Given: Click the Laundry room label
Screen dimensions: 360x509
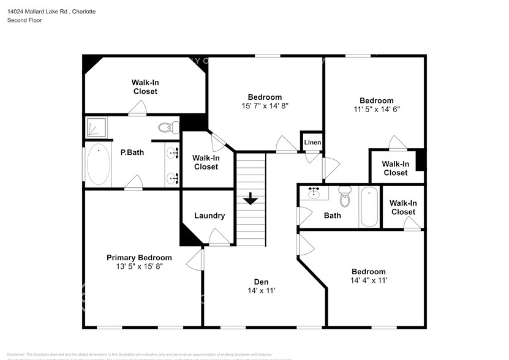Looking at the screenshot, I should pos(209,216).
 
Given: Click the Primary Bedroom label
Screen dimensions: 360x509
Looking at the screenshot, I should pos(139,258).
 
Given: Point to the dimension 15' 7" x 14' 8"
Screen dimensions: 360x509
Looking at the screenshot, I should pos(264,105).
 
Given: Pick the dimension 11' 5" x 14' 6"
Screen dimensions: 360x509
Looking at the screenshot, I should pos(376,109).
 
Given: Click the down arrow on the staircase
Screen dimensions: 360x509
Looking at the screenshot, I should pos(250,200).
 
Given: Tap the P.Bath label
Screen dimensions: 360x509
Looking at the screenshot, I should pos(132,152).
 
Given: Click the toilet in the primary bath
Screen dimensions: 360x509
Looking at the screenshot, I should pos(167,127).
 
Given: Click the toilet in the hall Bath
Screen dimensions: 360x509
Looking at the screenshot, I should pos(345,198).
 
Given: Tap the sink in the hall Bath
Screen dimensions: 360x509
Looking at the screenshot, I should pos(315,193).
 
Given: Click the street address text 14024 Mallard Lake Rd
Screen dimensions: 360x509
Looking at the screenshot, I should pos(37,12).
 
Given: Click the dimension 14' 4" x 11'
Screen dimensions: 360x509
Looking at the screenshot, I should pos(368,280).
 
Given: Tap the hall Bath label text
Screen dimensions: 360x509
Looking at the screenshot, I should pos(332,216).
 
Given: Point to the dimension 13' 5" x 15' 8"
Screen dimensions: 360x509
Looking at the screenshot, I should pos(139,266).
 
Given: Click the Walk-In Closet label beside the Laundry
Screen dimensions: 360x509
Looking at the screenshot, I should pos(206,162).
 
